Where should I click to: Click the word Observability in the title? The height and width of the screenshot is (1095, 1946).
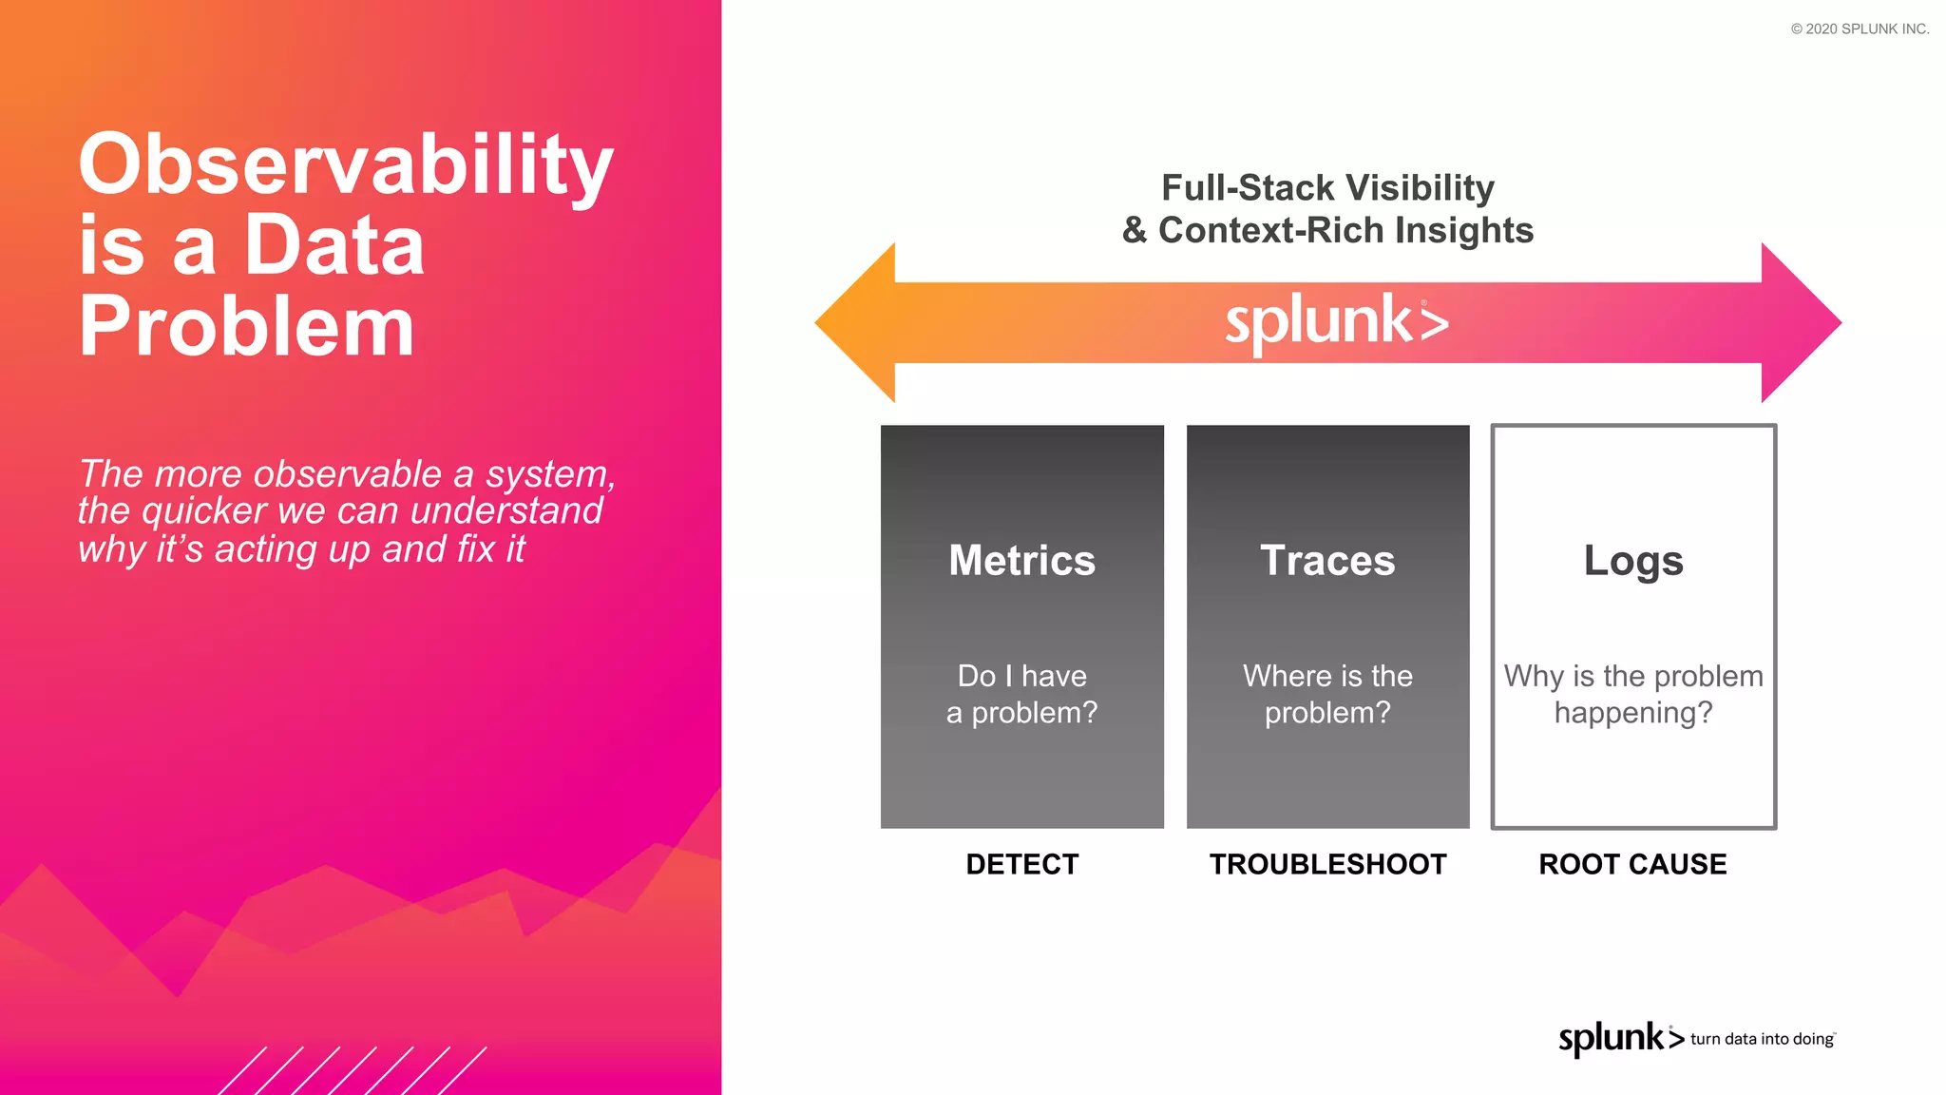click(x=345, y=164)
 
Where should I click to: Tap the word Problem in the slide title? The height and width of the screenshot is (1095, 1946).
click(x=246, y=327)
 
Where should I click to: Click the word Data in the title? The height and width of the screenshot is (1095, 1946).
click(x=334, y=246)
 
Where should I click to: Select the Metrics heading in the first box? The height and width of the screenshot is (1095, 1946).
click(x=1021, y=560)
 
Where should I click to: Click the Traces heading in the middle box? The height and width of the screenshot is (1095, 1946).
click(x=1327, y=560)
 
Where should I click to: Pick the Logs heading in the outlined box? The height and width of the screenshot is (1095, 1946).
click(x=1633, y=560)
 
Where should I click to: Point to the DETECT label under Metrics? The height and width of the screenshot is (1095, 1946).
click(x=1021, y=864)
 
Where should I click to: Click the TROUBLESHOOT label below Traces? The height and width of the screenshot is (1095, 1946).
click(x=1327, y=864)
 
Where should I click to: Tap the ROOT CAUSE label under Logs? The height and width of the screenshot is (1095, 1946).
click(x=1632, y=864)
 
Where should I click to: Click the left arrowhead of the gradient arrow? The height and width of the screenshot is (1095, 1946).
click(x=855, y=323)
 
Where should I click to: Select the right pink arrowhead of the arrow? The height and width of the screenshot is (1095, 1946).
click(x=1801, y=323)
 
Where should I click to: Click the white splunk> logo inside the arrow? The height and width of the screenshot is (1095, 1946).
click(x=1336, y=322)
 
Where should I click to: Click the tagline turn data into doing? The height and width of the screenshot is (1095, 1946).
click(x=1762, y=1039)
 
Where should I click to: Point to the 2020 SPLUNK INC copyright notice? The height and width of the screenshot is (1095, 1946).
click(x=1860, y=29)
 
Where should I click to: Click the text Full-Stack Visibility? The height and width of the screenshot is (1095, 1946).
click(x=1327, y=188)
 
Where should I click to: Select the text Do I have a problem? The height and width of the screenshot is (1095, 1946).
click(x=1021, y=694)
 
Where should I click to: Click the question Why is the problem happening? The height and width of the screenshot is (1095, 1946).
click(x=1633, y=694)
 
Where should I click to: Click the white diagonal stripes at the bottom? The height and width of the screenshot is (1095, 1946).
click(x=352, y=1071)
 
